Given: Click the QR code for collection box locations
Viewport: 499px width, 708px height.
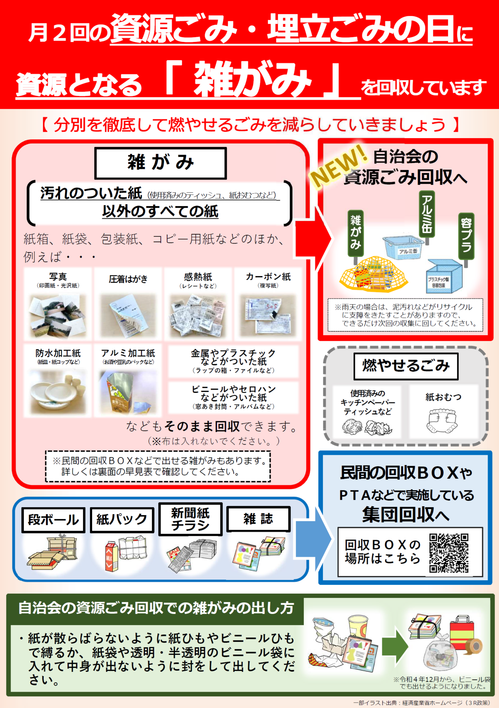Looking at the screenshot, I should [x=449, y=553].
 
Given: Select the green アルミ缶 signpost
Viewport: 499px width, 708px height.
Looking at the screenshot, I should [x=427, y=214].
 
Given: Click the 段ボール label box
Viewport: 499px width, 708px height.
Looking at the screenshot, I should [x=54, y=520].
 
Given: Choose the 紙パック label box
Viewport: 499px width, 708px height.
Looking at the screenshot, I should [x=122, y=520].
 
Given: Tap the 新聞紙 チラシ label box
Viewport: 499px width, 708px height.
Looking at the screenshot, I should [x=190, y=519].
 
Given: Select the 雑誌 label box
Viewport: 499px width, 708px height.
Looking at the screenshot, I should [x=258, y=519].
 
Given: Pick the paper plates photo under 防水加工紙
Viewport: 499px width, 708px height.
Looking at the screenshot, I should [x=58, y=392].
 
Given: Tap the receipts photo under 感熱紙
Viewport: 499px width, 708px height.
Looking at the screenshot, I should [x=198, y=315].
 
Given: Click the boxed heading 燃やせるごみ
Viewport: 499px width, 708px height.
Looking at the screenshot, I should [x=406, y=366].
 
